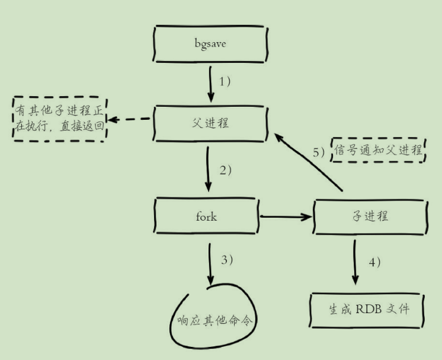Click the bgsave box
210,43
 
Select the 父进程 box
210,123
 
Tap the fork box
206,216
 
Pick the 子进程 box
369,216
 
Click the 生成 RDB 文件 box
368,309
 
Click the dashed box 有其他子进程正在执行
60,119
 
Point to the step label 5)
319,152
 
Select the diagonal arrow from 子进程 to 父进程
310,163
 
